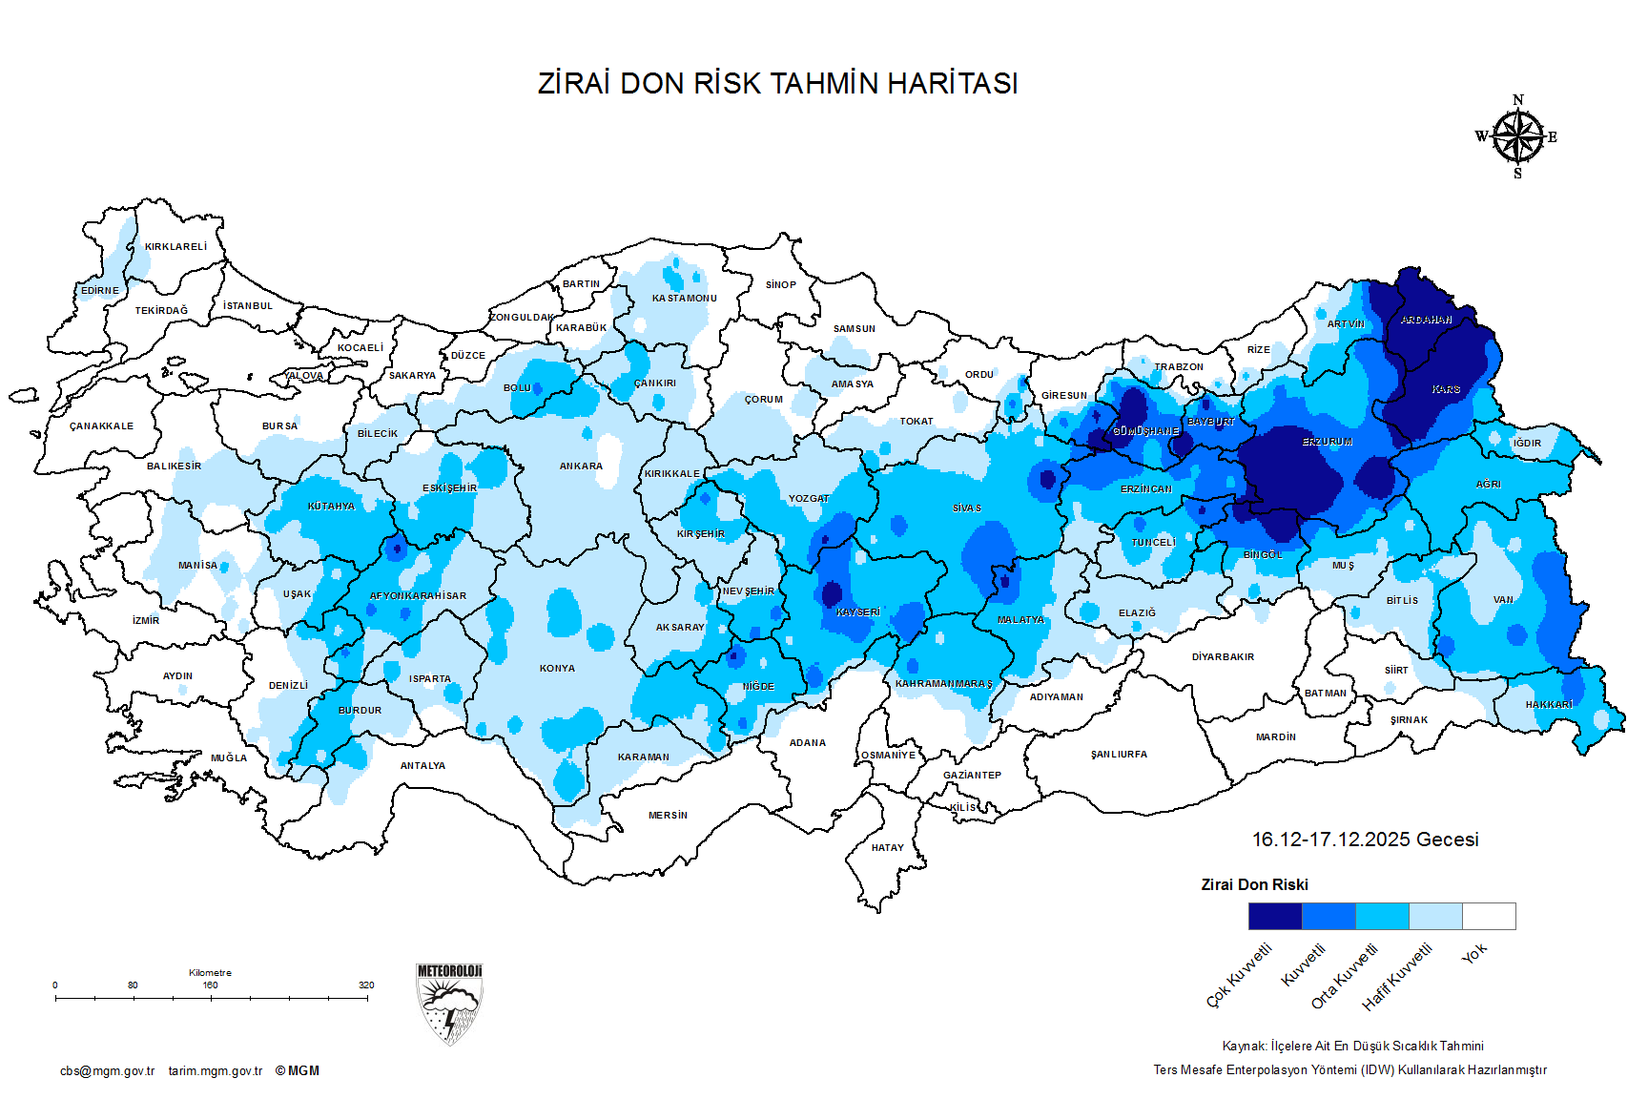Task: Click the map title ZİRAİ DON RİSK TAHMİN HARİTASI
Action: point(777,83)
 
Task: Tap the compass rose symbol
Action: point(1517,137)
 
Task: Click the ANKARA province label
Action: point(581,467)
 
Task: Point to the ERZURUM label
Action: point(1328,443)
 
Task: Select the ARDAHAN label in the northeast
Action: point(1427,321)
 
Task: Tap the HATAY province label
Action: point(887,847)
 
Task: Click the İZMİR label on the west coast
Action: point(146,621)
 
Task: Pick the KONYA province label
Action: point(557,669)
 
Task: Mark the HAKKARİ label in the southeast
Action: point(1549,705)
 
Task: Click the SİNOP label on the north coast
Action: point(780,285)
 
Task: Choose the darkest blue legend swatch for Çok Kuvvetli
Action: point(1274,916)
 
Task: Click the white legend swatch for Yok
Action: point(1489,916)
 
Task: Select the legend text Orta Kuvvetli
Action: point(1345,976)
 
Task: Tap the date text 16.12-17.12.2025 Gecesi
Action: point(1365,840)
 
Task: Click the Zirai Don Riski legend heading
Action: point(1254,885)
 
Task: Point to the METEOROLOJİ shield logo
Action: point(449,1004)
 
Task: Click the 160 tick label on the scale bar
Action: point(210,985)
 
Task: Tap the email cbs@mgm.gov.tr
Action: point(107,1071)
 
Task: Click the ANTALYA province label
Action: point(422,766)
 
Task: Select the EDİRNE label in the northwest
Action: point(100,291)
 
